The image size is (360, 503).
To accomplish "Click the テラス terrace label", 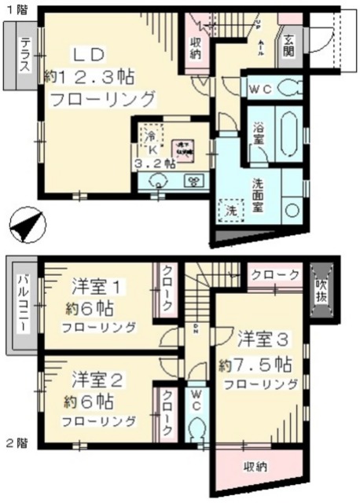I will point(25,55).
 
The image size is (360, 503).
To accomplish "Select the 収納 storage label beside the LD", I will point(196,47).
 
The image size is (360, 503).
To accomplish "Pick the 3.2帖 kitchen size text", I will point(152,164).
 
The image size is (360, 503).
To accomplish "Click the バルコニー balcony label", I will point(24,303).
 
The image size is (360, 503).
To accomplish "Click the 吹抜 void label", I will point(322,288).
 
